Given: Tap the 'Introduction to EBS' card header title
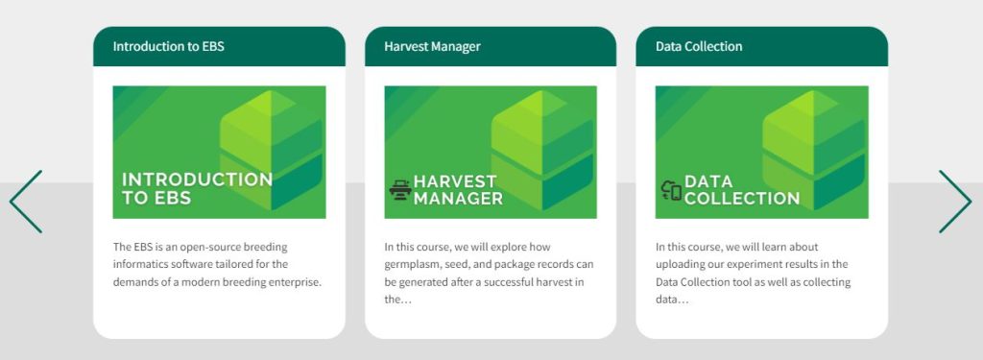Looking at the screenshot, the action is click(x=169, y=46).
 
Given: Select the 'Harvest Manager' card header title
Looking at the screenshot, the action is click(x=433, y=46).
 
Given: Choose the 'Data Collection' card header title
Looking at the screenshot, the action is click(x=699, y=46).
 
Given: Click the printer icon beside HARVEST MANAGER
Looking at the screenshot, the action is click(x=399, y=189).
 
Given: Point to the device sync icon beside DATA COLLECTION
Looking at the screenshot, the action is click(x=671, y=190).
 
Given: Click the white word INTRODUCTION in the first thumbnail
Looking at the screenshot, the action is click(x=198, y=180).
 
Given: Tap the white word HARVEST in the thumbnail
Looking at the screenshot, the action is click(x=455, y=181).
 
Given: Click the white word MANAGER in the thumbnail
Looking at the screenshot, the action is click(x=458, y=199).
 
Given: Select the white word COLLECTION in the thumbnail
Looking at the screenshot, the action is click(x=742, y=199).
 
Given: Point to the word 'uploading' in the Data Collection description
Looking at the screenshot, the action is click(x=679, y=265).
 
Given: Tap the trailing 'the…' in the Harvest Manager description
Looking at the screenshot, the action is click(x=397, y=300).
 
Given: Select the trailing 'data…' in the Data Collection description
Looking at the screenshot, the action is click(x=672, y=300).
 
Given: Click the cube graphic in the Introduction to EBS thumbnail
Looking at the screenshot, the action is click(x=272, y=150).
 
